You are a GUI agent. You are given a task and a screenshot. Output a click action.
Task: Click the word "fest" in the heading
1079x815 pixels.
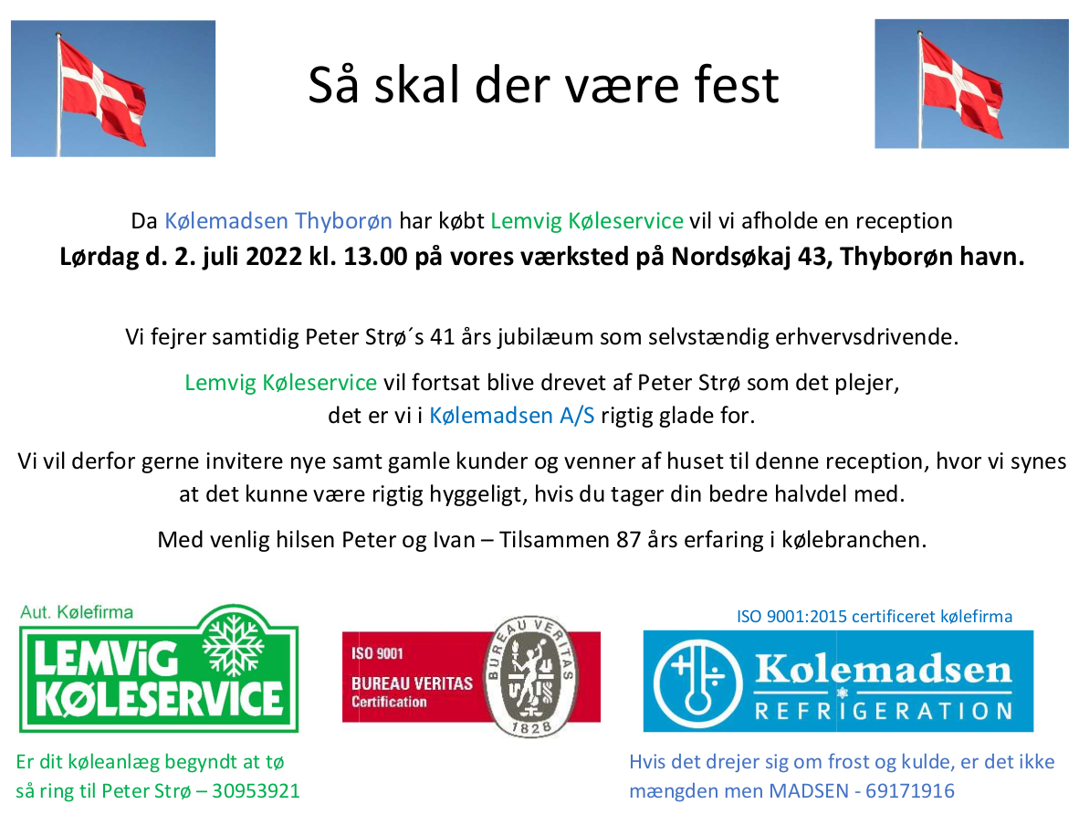[x=737, y=85]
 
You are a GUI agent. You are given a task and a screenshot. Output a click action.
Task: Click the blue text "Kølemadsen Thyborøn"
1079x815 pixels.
[x=278, y=220]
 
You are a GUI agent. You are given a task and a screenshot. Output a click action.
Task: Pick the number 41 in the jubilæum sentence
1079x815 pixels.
[x=443, y=337]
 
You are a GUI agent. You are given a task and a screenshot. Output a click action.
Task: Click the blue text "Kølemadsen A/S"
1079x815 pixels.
[x=512, y=416]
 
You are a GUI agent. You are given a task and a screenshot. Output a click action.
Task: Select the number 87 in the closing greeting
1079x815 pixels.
[x=629, y=539]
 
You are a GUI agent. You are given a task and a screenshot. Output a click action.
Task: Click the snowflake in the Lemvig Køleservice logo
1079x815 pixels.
[x=234, y=645]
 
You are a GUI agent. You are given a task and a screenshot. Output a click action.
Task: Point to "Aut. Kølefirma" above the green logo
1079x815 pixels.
[x=77, y=612]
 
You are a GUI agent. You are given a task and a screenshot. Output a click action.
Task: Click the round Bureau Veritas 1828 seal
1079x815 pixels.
[x=530, y=676]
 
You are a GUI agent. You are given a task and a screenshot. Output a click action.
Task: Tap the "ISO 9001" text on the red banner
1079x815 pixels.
[x=377, y=652]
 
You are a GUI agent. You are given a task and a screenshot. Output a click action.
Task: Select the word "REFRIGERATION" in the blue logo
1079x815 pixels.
[x=884, y=711]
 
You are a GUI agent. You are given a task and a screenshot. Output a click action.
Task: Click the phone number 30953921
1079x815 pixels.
[x=256, y=790]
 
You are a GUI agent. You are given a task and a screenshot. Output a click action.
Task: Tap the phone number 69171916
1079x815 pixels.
[x=910, y=790]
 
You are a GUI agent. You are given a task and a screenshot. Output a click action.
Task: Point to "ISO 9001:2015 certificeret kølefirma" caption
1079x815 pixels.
[x=875, y=616]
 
